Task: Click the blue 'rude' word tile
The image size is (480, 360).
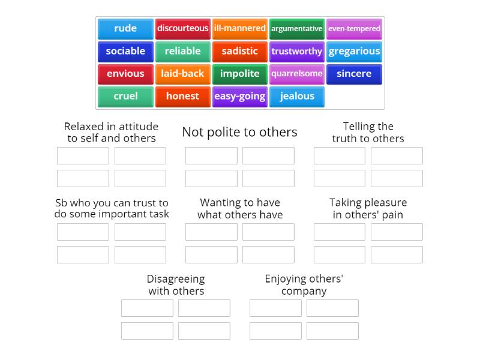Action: coord(125,28)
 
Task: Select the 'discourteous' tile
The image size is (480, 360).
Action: coord(182,28)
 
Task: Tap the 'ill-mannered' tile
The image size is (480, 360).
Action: coord(239,28)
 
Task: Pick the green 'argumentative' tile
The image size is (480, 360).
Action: coord(296,28)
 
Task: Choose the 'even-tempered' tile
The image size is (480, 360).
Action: coord(354,28)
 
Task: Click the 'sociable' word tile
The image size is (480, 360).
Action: coord(125,51)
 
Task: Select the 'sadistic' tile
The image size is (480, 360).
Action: coord(239,51)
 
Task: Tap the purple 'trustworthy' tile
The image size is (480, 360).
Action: coord(296,51)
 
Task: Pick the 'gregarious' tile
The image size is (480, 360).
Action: coord(354,51)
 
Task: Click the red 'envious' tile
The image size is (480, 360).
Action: coord(125,74)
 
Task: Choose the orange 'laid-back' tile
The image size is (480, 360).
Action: coord(182,74)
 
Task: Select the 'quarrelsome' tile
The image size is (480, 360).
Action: coord(296,74)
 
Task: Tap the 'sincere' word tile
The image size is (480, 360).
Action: coord(354,74)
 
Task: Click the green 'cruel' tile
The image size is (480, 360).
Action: coord(125,96)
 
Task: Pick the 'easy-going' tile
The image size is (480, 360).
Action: coord(239,96)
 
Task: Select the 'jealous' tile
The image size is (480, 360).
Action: coord(296,96)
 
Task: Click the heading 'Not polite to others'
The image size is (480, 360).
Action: coord(239,132)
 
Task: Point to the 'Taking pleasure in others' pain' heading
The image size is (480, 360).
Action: coord(368,208)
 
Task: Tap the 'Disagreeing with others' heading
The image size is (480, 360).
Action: coord(176,284)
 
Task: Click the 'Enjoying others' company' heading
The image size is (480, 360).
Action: coord(304,284)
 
